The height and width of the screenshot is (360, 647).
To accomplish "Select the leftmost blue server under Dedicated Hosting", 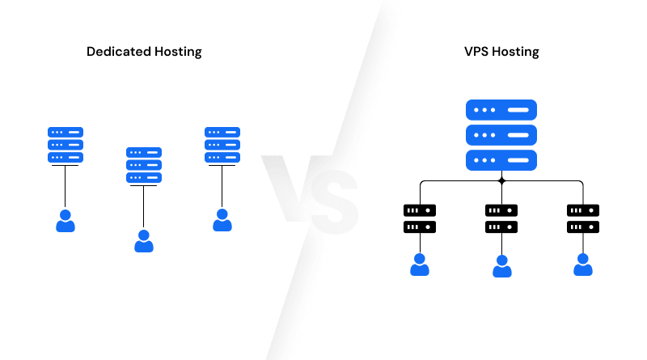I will pos(66,145).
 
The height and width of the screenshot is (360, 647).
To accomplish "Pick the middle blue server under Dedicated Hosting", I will pos(144,165).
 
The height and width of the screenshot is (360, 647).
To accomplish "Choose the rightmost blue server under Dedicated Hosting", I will pos(222,145).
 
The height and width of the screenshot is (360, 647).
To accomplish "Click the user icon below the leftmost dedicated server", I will pos(66,220).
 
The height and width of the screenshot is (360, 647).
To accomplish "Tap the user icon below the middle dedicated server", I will pos(144,241).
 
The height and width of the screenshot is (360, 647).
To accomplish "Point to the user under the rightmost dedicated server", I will pos(222,220).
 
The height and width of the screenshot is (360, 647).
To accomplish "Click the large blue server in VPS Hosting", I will pos(501,135).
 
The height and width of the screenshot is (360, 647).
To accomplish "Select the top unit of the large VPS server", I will pos(501,110).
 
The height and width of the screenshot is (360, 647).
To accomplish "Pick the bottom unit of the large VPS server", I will pos(501,160).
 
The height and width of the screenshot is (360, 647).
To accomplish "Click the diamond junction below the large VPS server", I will pos(501,180).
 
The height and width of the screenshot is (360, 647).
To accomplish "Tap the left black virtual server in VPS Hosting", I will pos(419,219).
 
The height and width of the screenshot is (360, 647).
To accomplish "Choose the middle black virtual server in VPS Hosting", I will pos(501,219).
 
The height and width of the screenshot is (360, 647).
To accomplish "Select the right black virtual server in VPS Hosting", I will pos(583,219).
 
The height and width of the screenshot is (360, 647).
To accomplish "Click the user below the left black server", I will pos(419,265).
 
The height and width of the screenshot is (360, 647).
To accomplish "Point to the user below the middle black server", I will pos(501,266).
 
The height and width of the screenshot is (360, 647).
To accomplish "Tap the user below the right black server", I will pos(583,265).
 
